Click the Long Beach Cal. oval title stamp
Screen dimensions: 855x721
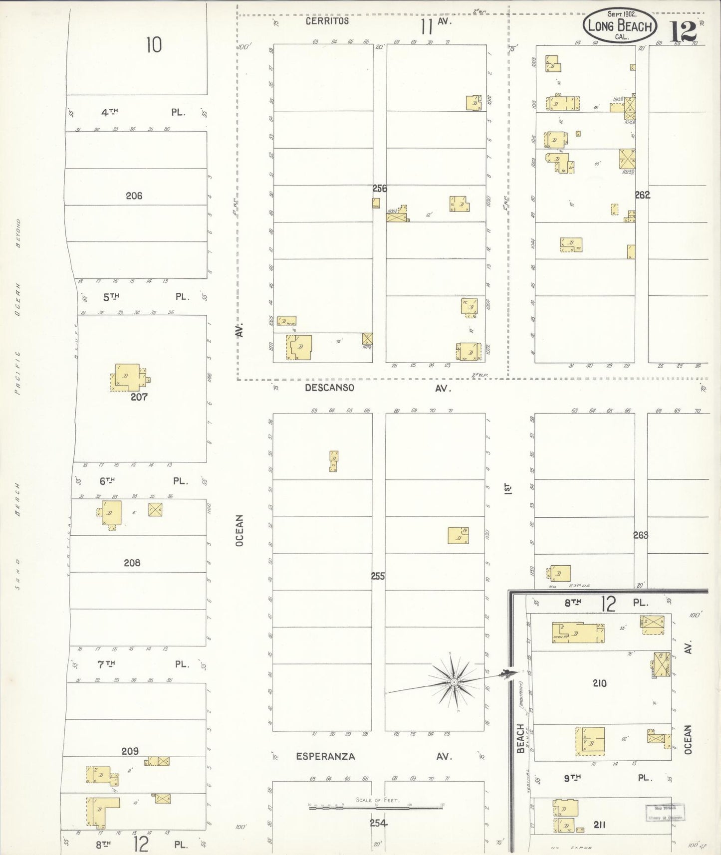click(620, 24)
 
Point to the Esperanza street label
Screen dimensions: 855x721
click(325, 756)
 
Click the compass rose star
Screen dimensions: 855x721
click(454, 682)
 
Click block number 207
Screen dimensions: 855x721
click(139, 397)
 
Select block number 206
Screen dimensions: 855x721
click(134, 196)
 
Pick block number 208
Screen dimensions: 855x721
click(132, 563)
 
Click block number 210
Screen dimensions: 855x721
click(599, 683)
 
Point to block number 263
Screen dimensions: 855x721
click(640, 535)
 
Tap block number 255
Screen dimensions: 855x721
click(378, 576)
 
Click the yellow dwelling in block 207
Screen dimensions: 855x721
click(129, 377)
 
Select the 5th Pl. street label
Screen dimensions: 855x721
click(111, 297)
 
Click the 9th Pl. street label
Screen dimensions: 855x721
click(572, 778)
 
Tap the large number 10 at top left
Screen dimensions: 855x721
click(154, 45)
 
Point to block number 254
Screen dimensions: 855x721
click(378, 823)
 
